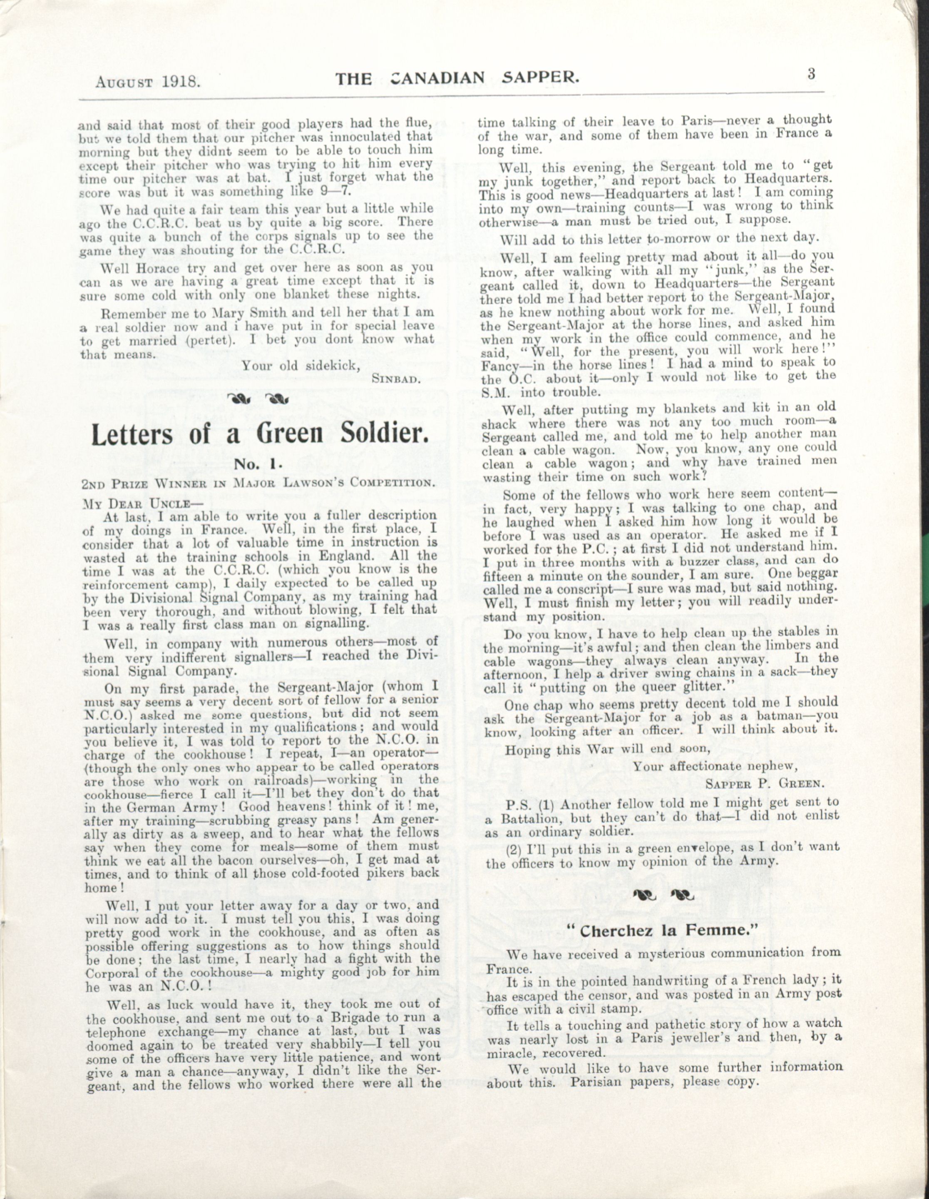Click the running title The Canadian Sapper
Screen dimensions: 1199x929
[458, 79]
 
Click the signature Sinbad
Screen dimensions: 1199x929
[396, 378]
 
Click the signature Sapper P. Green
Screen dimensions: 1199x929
[772, 782]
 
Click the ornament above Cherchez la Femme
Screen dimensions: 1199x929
[662, 896]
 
